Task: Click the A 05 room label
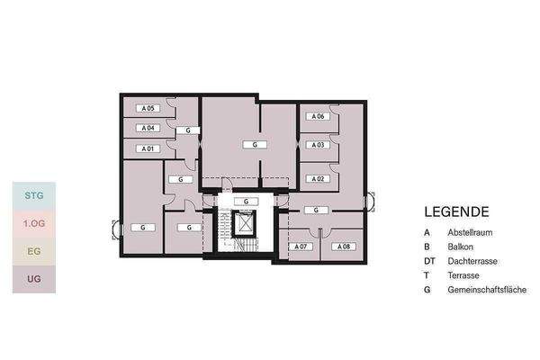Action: point(148,108)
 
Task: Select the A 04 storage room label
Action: point(148,128)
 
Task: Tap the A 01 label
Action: point(148,148)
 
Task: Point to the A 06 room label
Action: point(318,116)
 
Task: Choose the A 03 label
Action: point(318,145)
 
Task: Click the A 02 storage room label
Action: point(318,179)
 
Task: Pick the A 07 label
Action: point(301,247)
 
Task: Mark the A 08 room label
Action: point(344,247)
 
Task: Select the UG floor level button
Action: point(34,279)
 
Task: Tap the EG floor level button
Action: point(34,251)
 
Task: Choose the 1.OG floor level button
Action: point(34,223)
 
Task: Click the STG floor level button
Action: point(34,195)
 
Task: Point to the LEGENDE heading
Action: point(456,211)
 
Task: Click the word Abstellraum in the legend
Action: point(470,232)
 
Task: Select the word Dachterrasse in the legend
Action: point(472,261)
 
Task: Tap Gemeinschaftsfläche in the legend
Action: point(487,290)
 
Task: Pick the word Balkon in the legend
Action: point(461,247)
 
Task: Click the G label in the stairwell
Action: point(246,202)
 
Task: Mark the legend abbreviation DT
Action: point(429,261)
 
